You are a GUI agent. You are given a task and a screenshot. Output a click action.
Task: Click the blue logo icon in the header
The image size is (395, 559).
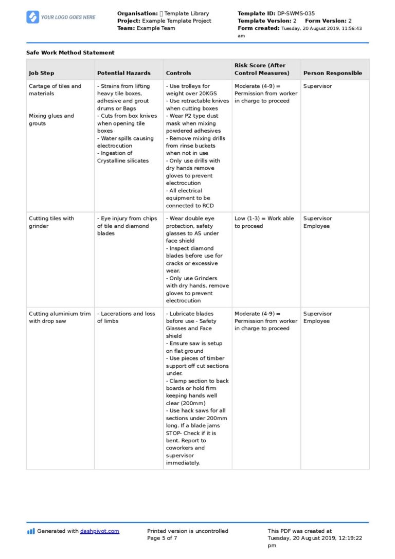click(32, 17)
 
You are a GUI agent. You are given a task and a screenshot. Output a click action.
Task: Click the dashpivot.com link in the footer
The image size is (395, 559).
click(99, 531)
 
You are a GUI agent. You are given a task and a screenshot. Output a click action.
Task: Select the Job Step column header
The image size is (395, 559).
click(41, 73)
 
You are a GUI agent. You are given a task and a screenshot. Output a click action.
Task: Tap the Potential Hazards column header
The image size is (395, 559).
click(124, 73)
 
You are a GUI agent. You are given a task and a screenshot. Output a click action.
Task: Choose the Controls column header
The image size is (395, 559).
click(178, 73)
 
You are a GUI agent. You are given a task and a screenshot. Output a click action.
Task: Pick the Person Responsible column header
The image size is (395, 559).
click(332, 73)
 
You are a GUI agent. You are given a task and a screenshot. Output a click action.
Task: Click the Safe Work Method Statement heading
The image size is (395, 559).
click(70, 52)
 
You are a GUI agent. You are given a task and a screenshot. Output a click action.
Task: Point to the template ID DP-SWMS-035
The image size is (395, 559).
click(296, 13)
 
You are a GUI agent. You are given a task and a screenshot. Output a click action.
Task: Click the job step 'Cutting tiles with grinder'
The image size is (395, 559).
click(51, 222)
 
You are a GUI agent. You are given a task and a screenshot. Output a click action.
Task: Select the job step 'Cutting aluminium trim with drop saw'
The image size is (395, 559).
click(60, 317)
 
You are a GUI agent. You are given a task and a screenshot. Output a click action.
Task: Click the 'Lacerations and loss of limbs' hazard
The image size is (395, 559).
click(126, 317)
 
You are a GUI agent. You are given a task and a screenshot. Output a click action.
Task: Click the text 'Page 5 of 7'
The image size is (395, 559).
click(162, 538)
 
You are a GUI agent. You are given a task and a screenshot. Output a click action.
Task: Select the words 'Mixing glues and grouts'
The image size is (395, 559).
click(51, 119)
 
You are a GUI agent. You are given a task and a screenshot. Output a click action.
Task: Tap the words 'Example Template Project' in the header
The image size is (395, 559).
click(176, 21)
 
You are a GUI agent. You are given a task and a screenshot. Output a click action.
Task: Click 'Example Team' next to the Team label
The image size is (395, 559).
click(156, 28)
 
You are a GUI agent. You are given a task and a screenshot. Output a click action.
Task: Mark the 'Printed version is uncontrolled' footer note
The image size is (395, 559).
click(187, 531)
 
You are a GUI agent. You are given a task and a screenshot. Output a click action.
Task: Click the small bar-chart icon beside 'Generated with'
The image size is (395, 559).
click(31, 531)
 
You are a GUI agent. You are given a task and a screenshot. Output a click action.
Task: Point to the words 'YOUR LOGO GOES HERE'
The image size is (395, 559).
click(68, 17)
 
